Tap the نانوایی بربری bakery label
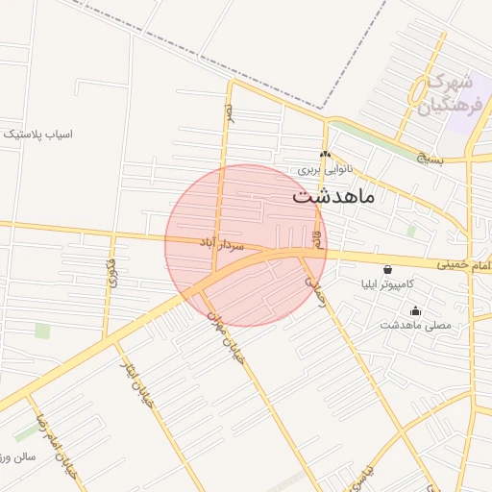pos(325,169)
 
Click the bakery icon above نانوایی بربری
pos(325,154)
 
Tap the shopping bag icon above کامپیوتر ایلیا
pos(387,270)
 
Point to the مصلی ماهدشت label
pos(415,326)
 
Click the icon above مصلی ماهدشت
pos(415,310)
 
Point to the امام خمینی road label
pos(465,264)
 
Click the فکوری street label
pos(111,274)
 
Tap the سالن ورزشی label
pos(18,456)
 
